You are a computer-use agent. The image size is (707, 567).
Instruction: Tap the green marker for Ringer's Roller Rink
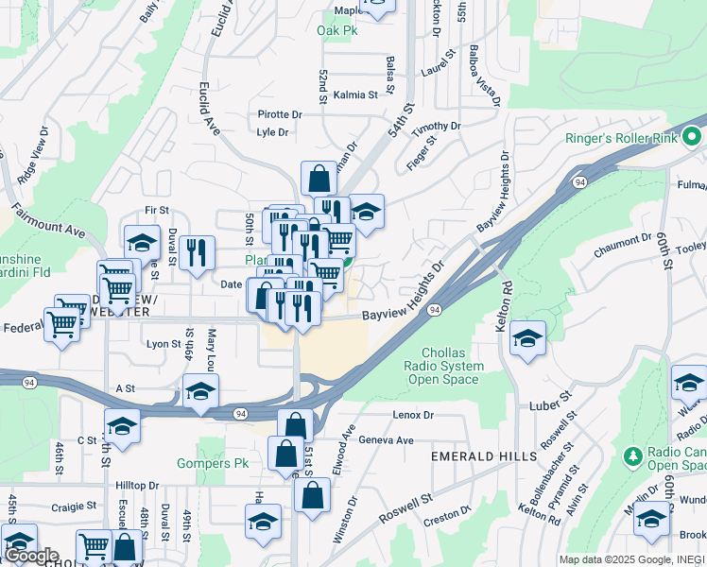coord(692,138)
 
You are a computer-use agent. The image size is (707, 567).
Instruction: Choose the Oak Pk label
coord(336,30)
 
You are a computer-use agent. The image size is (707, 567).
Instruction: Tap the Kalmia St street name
coord(356,94)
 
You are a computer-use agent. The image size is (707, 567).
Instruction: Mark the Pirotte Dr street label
coord(280,114)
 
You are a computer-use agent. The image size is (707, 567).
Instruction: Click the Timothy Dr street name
coord(436,126)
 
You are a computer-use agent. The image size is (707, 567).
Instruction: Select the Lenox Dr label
coord(412,415)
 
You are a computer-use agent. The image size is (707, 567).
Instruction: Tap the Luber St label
coord(554,398)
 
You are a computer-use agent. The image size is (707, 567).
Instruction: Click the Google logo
coord(30,556)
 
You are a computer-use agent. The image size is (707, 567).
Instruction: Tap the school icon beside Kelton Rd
coord(527,338)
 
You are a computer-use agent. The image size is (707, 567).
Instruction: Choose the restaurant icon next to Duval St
coord(197,252)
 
